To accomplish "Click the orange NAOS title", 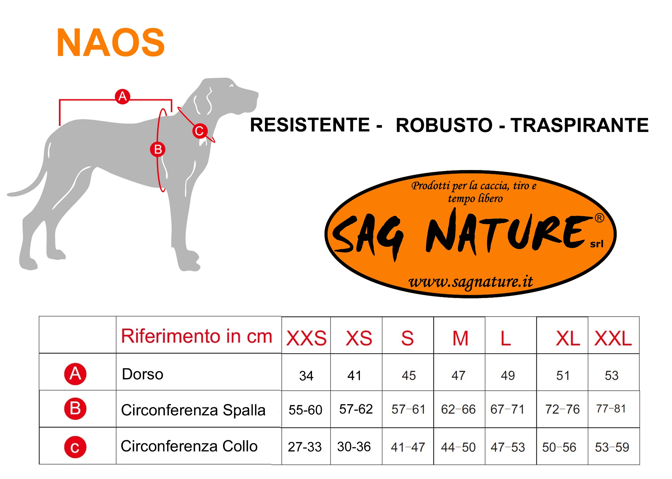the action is click(111, 42).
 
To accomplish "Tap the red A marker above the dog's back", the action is click(122, 96).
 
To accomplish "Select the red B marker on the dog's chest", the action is click(158, 150).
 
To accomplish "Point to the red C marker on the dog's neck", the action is click(200, 131).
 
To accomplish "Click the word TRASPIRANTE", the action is click(579, 125).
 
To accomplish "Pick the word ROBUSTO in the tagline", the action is click(444, 125).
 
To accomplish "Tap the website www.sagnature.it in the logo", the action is click(471, 282).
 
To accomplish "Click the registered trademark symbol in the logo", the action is click(600, 218).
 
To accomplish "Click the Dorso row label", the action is click(142, 374).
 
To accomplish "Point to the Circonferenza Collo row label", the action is click(189, 446).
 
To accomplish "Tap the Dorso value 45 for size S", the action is click(409, 375).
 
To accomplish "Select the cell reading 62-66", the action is click(458, 409).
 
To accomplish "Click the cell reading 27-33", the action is click(305, 447).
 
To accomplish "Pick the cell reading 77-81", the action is click(611, 409).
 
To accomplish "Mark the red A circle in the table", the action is click(75, 374).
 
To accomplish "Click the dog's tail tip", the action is click(9, 195).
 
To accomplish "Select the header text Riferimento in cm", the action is click(197, 336).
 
